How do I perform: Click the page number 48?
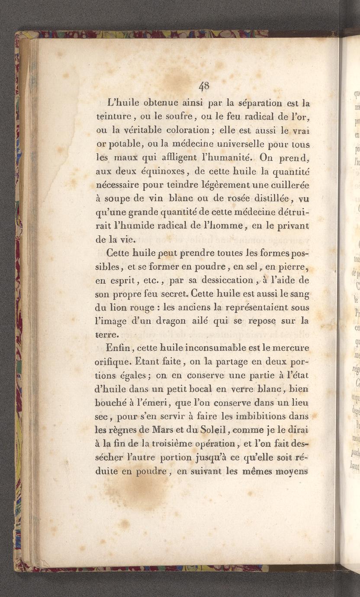tap(204, 86)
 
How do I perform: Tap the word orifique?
tap(114, 362)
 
